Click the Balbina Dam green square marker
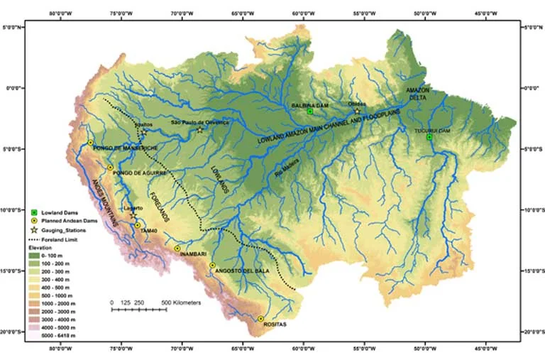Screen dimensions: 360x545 310,111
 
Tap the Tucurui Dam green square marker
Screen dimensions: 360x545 429,137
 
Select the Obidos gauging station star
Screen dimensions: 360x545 357,111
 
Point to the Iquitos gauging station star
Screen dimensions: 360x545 143,132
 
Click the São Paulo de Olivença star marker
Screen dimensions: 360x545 200,129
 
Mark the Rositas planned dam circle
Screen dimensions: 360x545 261,319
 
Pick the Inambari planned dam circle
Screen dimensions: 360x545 177,249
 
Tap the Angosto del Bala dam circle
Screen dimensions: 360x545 212,265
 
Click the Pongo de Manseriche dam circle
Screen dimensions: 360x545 90,143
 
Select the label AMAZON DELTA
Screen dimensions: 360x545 419,94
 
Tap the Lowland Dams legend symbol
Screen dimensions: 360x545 33,213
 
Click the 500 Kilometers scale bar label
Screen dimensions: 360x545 182,302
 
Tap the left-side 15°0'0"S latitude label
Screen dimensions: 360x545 16,271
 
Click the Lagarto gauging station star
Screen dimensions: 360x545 133,214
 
